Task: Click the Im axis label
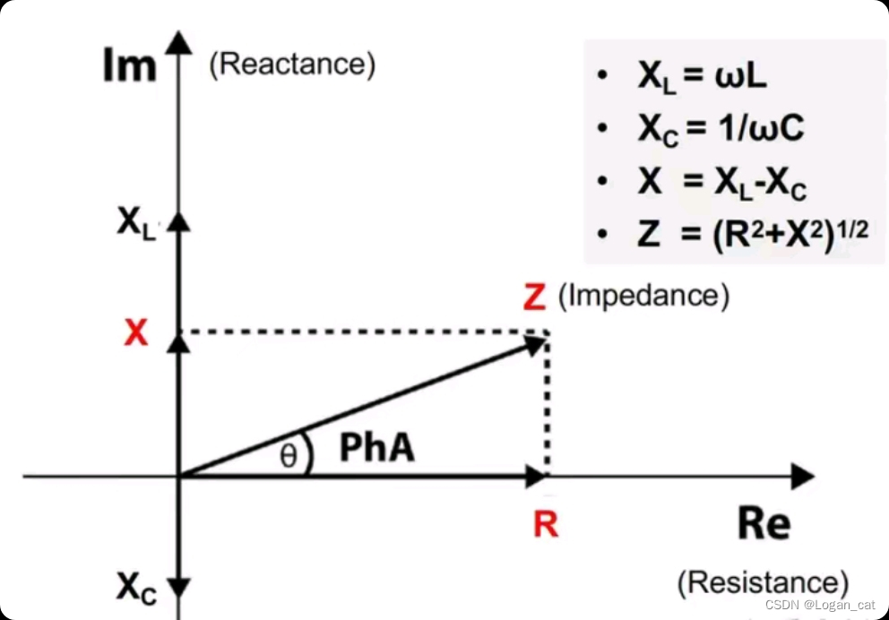pos(129,68)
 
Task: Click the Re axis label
pos(764,524)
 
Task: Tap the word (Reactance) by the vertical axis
pos(291,65)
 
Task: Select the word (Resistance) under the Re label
pos(762,582)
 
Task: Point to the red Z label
pos(534,297)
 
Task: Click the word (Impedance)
pos(643,296)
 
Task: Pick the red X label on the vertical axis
pos(135,333)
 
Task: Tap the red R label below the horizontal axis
pos(545,525)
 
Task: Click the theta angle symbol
pos(287,457)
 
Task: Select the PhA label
pos(377,448)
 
